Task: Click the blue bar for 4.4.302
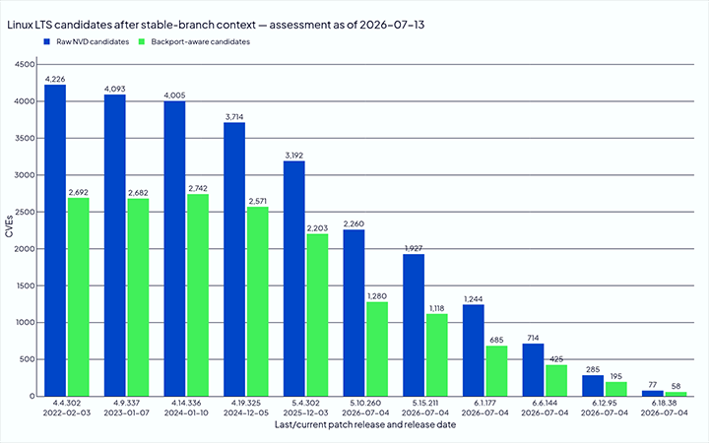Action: pyautogui.click(x=55, y=240)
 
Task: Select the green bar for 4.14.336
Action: pyautogui.click(x=198, y=295)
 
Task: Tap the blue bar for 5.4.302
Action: pyautogui.click(x=293, y=279)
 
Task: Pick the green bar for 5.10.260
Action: pyautogui.click(x=377, y=348)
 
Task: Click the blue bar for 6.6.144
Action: pyautogui.click(x=533, y=370)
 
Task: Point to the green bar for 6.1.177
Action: pyautogui.click(x=496, y=371)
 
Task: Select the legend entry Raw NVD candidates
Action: pyautogui.click(x=87, y=41)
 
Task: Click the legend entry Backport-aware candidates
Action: pyautogui.click(x=194, y=41)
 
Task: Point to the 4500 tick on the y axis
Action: pyautogui.click(x=26, y=65)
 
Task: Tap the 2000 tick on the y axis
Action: pyautogui.click(x=26, y=249)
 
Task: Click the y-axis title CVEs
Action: pyautogui.click(x=9, y=226)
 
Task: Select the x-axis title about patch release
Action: pyautogui.click(x=365, y=424)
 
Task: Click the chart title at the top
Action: pyautogui.click(x=216, y=25)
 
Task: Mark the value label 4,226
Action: pyautogui.click(x=55, y=79)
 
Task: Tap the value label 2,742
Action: pyautogui.click(x=198, y=188)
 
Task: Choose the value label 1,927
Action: pyautogui.click(x=414, y=248)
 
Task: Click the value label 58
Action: pyautogui.click(x=676, y=386)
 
